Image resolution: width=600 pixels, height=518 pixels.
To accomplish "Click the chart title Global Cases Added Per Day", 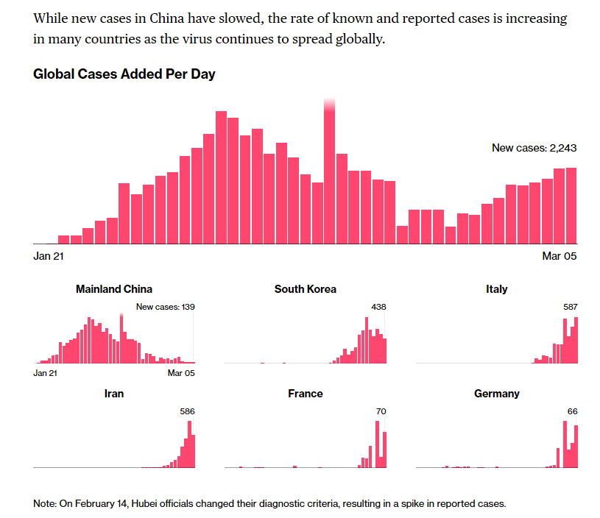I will pos(124,74).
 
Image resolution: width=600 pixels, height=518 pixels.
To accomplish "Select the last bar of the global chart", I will pos(571,205).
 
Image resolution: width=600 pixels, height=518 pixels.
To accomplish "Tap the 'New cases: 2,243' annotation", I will pos(534,148).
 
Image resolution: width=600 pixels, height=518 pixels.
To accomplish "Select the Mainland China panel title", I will pos(114,289).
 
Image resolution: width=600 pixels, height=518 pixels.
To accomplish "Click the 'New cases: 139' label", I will pos(166,307).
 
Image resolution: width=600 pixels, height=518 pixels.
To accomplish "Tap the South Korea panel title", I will pos(306,289).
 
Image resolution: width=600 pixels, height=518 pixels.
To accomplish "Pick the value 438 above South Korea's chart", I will pos(379,307).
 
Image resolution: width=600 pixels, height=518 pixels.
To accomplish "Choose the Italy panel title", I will pos(497,289).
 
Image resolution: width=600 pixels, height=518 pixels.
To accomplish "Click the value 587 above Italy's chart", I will pos(571,307).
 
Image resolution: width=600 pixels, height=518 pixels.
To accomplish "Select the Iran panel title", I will pos(114,394).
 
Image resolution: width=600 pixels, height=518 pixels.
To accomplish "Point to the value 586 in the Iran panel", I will pos(188,411).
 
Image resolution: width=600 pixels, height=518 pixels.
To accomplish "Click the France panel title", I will pos(306,394).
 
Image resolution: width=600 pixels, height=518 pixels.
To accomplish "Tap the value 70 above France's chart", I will pos(381,411).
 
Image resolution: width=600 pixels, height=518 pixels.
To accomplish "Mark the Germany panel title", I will pos(497,394).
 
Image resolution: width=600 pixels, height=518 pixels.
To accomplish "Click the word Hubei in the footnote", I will pos(147,504).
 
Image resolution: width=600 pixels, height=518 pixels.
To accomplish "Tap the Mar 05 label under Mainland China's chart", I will pos(181,373).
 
